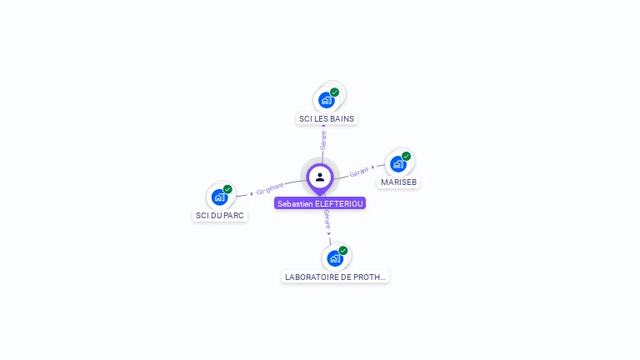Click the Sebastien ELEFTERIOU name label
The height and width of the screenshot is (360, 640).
tap(320, 203)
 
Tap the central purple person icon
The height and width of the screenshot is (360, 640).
tap(320, 177)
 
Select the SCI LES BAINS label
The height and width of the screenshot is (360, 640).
tap(327, 118)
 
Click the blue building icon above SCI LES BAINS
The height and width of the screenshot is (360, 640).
tap(326, 100)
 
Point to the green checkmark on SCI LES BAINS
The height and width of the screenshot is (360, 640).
tap(335, 92)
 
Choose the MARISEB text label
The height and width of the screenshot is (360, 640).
tap(398, 182)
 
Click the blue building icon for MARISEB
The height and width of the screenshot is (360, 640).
tap(397, 163)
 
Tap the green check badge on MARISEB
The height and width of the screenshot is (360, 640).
tap(407, 156)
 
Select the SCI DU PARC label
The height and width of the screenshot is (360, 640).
tap(220, 216)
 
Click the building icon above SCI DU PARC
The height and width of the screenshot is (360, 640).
tap(218, 197)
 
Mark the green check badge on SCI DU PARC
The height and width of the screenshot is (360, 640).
tap(227, 189)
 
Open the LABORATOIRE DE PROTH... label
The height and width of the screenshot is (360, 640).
tap(335, 277)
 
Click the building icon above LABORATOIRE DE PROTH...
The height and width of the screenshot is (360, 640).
tap(334, 257)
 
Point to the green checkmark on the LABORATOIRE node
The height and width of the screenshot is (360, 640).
tap(343, 250)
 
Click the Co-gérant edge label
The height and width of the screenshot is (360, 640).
tap(270, 187)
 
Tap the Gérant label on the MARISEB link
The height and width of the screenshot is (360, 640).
tap(359, 172)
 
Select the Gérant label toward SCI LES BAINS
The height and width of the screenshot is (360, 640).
tap(323, 140)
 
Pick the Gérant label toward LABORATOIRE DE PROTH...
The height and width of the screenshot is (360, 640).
tap(327, 219)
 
